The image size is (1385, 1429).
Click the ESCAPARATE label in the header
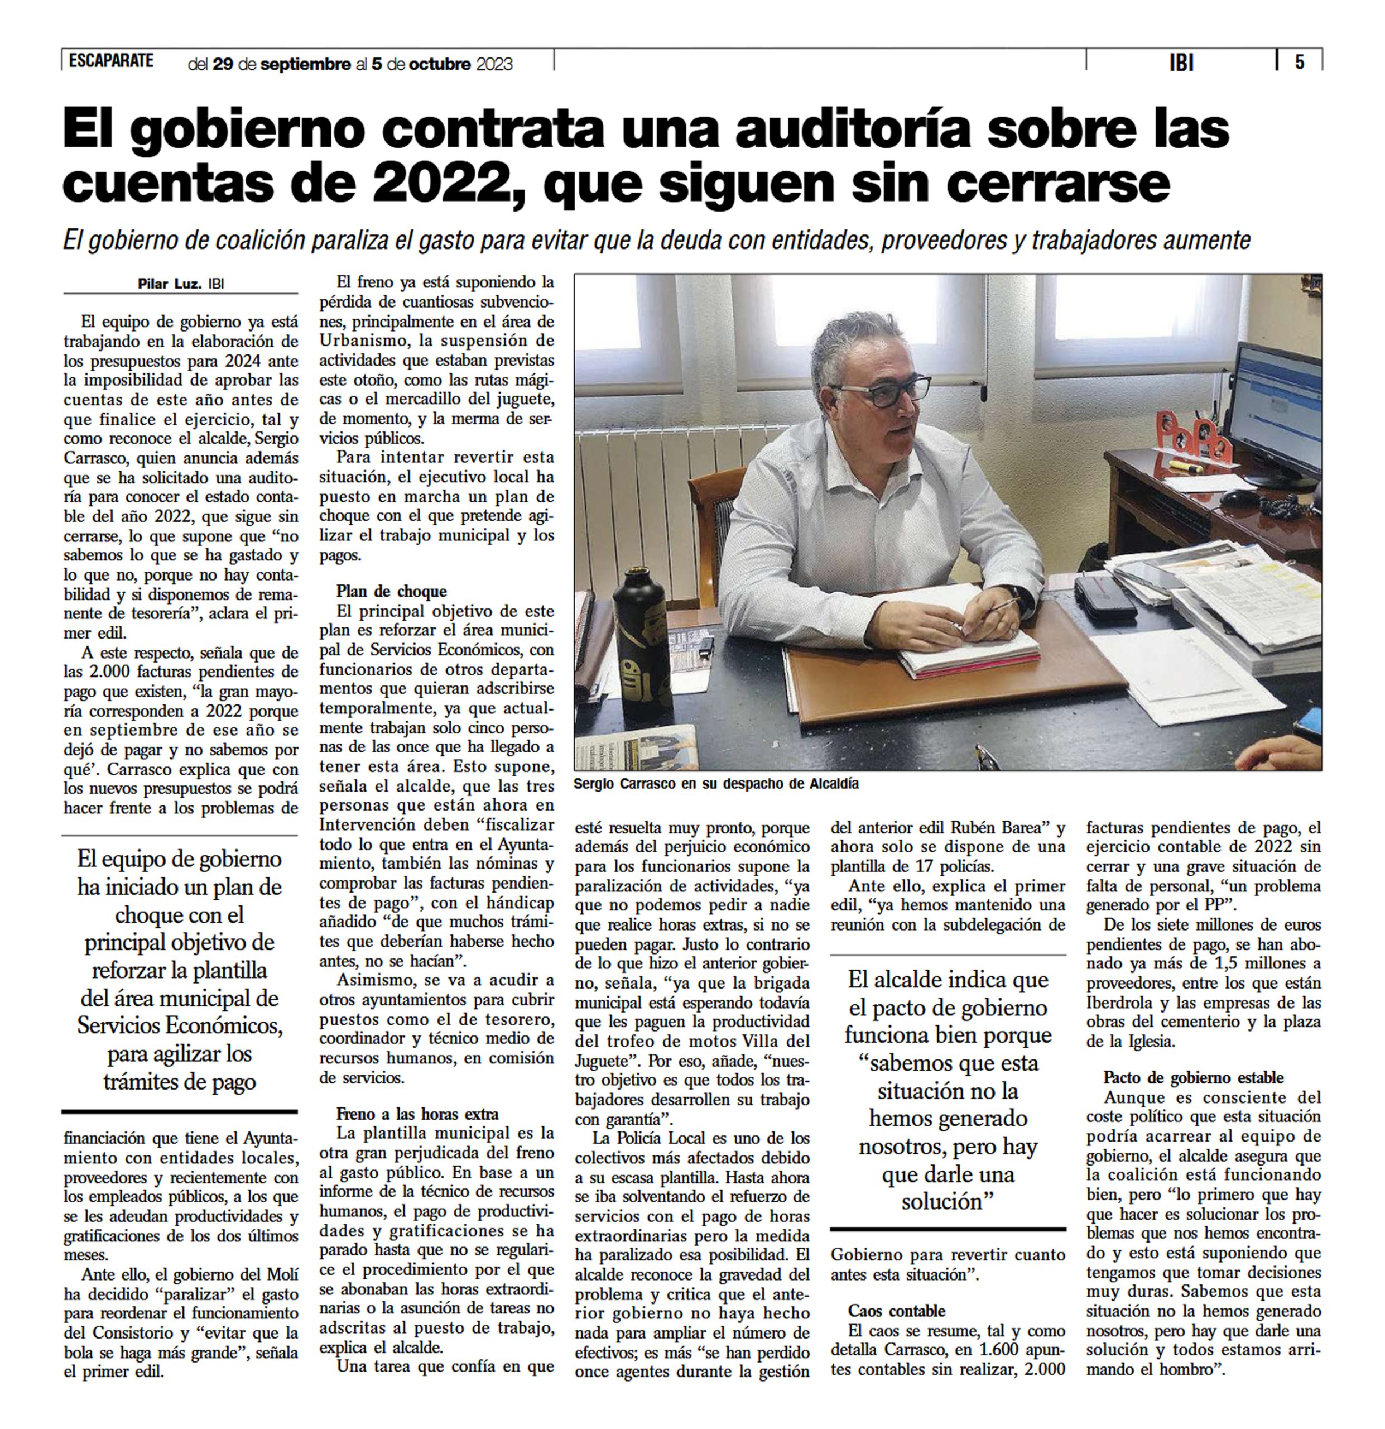click(x=111, y=61)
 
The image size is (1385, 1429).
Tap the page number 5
click(x=1299, y=63)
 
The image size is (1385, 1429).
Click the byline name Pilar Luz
click(x=169, y=284)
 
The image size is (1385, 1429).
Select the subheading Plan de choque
click(x=391, y=591)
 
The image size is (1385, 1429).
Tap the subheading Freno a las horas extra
click(x=417, y=1114)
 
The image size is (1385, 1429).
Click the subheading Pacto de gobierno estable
click(x=1193, y=1077)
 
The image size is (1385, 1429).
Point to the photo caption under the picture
click(x=716, y=784)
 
